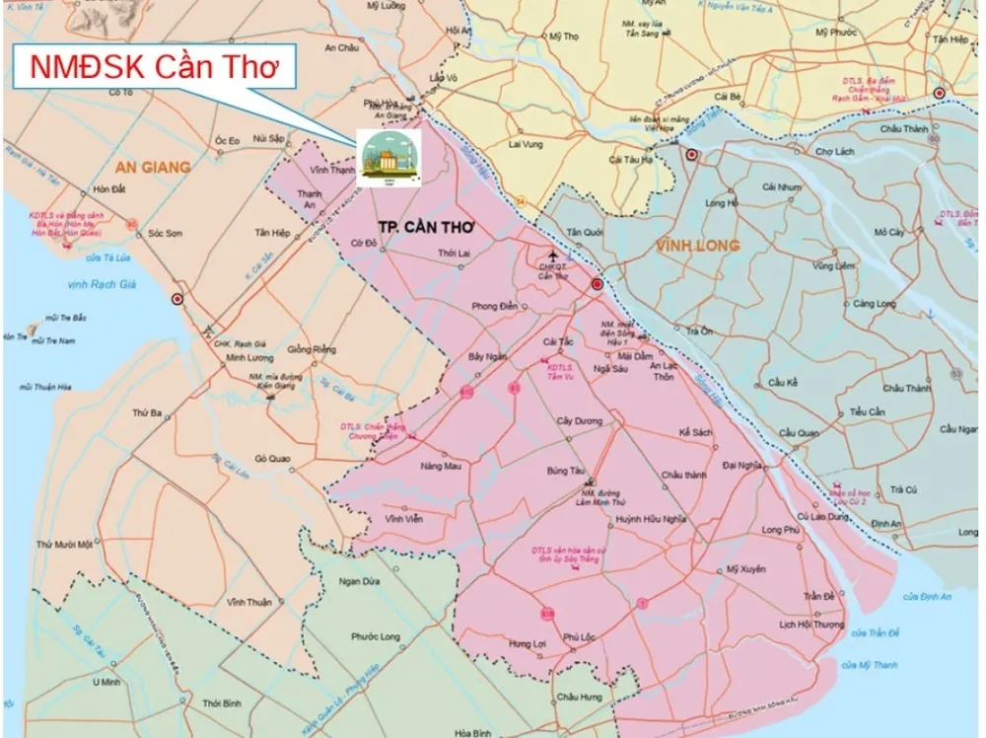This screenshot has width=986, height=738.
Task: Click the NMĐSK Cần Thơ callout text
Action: point(149,66)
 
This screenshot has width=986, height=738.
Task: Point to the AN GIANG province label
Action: point(152,167)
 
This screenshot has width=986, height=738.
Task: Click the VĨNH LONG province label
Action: point(697,244)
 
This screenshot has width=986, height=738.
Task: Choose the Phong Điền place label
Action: point(495,306)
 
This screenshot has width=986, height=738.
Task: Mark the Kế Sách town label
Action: point(697,432)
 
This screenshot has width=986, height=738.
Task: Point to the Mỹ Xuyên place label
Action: point(745,569)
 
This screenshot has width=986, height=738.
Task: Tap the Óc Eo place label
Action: point(228,140)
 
